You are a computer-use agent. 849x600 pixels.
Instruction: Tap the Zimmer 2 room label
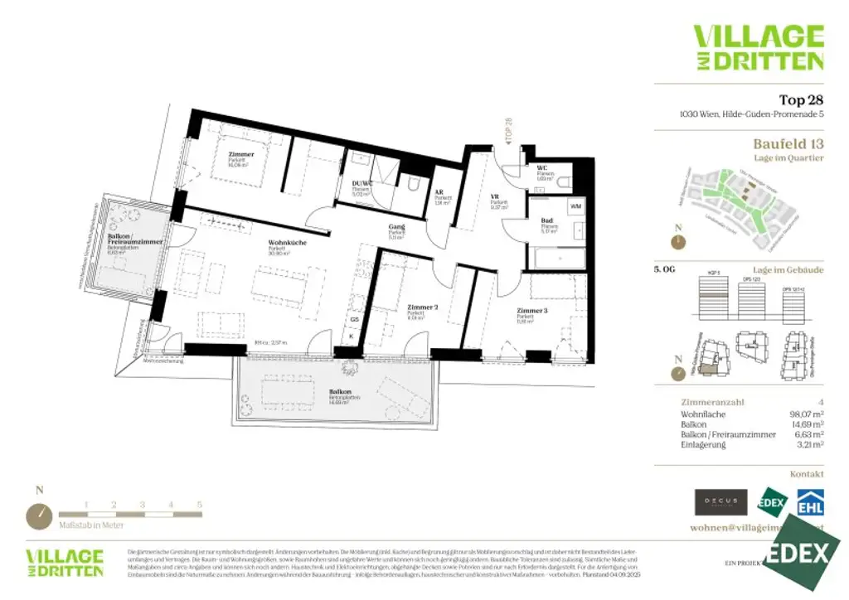(422, 307)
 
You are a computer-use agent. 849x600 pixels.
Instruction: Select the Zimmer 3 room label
(531, 310)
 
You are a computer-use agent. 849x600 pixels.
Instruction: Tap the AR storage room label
(439, 193)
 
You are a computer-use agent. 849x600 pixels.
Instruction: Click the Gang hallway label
(396, 227)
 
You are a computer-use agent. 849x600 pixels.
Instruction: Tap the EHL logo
(809, 502)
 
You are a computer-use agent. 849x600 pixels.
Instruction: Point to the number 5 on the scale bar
(200, 504)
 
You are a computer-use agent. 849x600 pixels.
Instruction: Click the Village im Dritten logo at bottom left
(64, 562)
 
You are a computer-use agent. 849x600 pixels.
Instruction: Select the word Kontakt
(807, 474)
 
